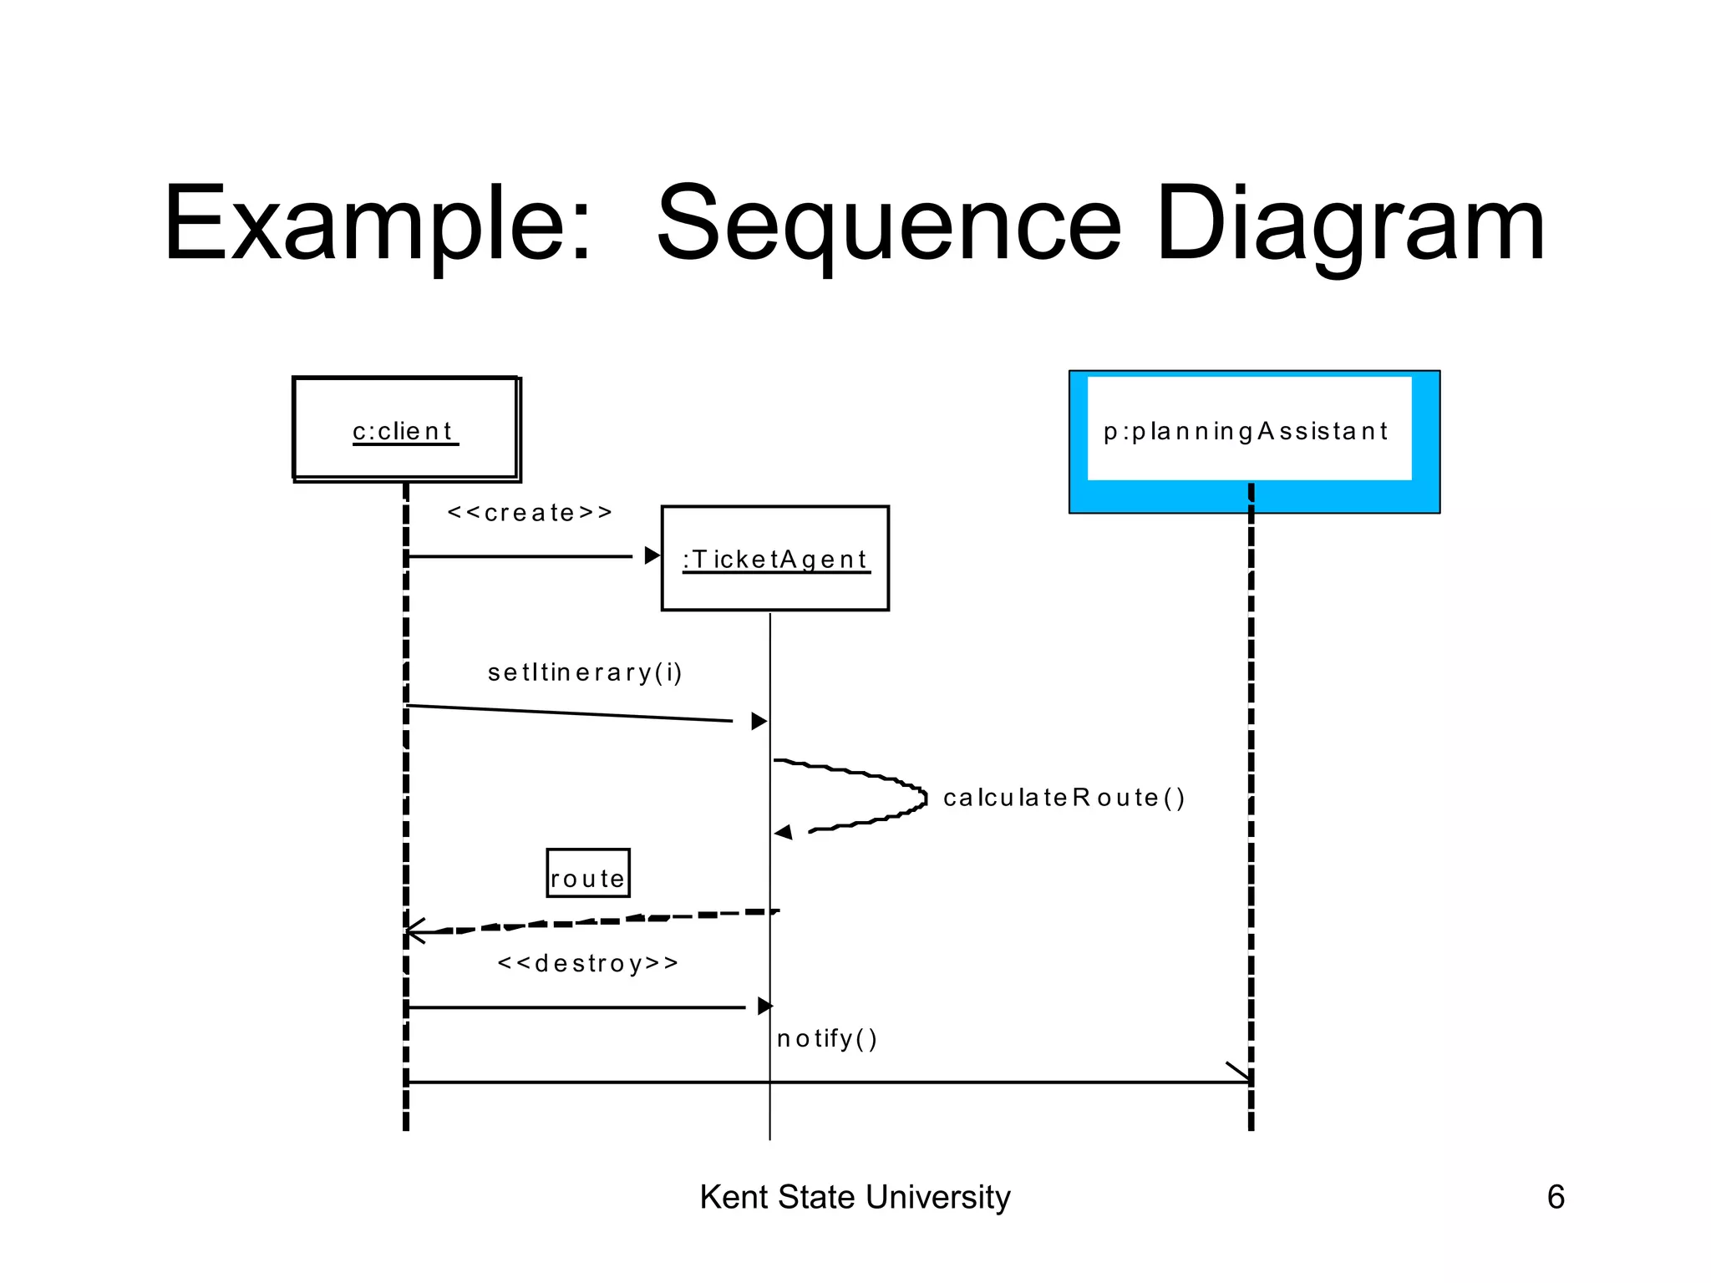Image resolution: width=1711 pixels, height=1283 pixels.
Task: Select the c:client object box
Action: coord(405,429)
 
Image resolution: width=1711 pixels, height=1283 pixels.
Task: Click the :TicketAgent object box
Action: coord(774,558)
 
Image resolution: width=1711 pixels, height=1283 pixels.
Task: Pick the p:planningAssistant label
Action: coord(1245,431)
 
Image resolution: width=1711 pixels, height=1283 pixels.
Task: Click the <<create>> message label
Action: coord(530,512)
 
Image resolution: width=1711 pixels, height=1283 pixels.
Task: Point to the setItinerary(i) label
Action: coord(585,672)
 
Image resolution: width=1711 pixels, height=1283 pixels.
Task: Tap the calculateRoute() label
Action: coord(1063,798)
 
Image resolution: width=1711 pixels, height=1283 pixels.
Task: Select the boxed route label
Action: coord(587,874)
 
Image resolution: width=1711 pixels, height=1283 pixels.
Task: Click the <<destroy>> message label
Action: coord(587,963)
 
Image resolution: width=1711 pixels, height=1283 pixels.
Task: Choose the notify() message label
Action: coord(826,1038)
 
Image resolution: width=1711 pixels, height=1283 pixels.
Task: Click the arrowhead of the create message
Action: coord(652,555)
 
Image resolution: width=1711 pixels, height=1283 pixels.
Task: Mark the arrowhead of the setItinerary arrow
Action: coord(759,721)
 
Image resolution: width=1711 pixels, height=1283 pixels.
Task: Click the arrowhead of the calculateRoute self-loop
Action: coord(783,832)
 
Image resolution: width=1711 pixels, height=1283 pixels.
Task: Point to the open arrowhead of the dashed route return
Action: coord(413,931)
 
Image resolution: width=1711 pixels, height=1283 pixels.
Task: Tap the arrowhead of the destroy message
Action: coord(764,1007)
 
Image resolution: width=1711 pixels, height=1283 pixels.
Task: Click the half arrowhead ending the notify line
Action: coord(1240,1073)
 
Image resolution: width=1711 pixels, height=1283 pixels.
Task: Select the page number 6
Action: coord(1555,1197)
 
